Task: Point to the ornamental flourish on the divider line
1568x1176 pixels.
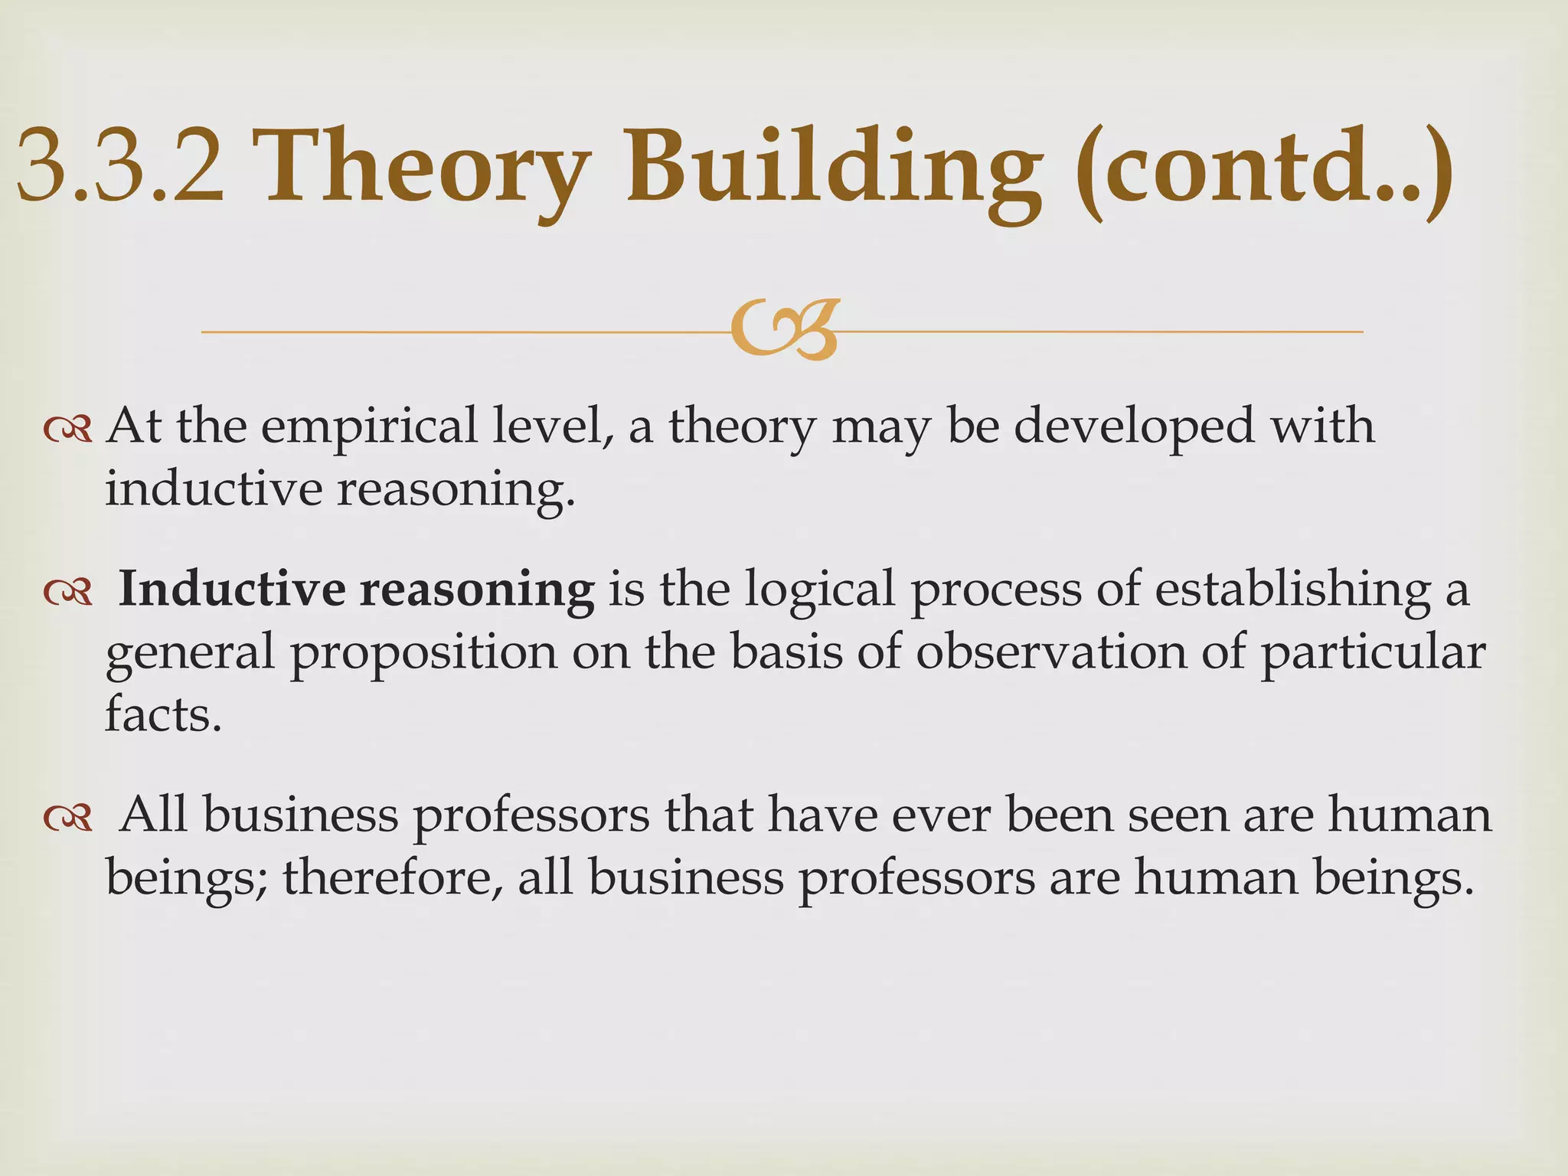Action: [x=785, y=331]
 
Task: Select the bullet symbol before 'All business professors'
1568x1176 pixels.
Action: [x=68, y=818]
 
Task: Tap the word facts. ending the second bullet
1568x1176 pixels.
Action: [x=163, y=715]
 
